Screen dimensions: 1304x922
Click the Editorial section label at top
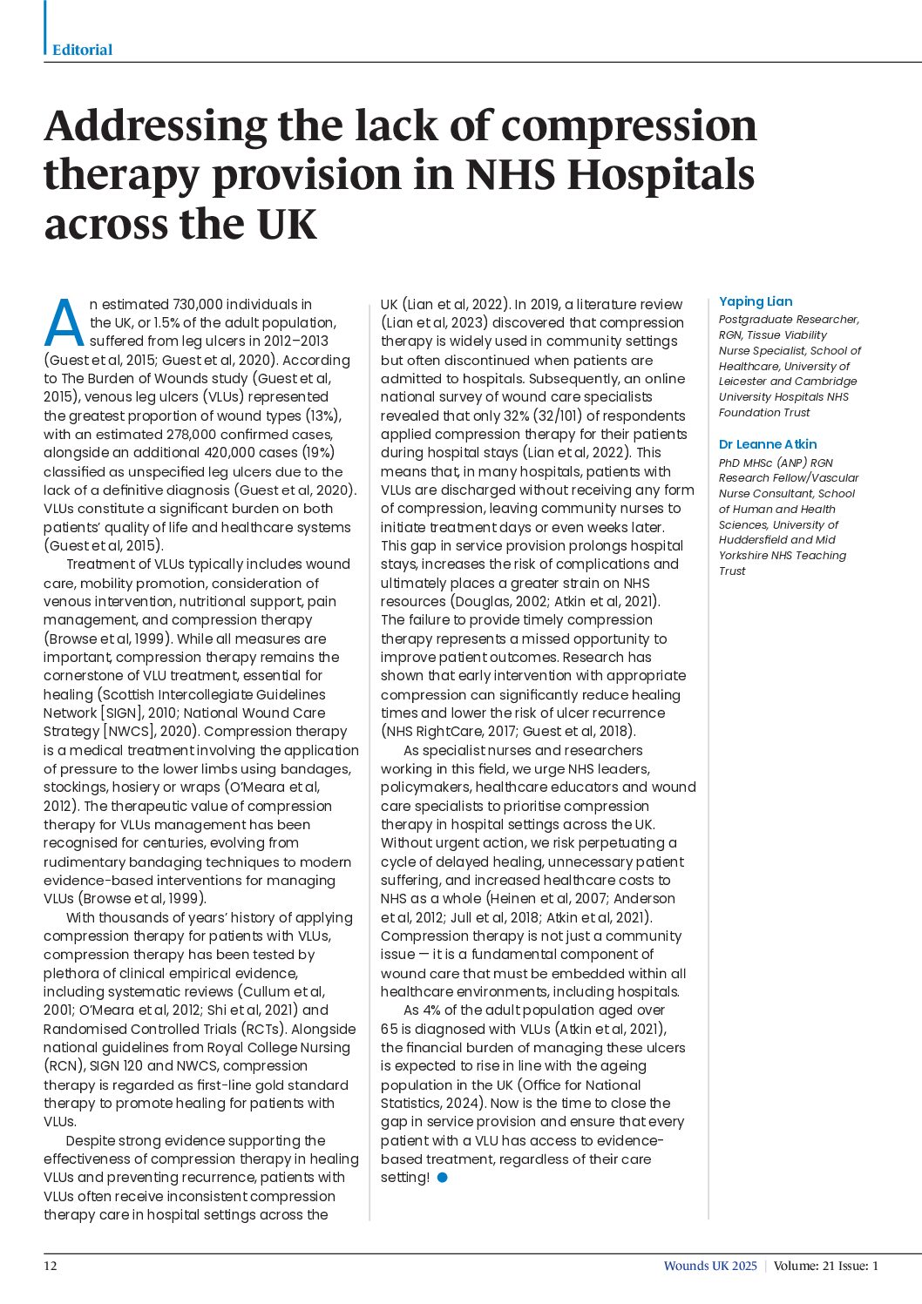pyautogui.click(x=83, y=50)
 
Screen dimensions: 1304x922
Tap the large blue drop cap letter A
pyautogui.click(x=64, y=323)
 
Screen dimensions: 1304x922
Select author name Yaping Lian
pyautogui.click(x=756, y=301)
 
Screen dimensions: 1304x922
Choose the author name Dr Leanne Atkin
pyautogui.click(x=768, y=444)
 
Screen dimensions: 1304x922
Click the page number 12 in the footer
pyautogui.click(x=51, y=1266)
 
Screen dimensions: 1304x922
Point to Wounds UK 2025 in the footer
pyautogui.click(x=710, y=1266)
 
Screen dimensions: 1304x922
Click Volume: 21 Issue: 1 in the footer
pyautogui.click(x=826, y=1266)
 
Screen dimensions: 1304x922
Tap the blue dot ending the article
pyautogui.click(x=443, y=1178)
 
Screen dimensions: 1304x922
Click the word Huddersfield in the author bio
pyautogui.click(x=755, y=540)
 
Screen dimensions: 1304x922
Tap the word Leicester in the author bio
pyautogui.click(x=746, y=382)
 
